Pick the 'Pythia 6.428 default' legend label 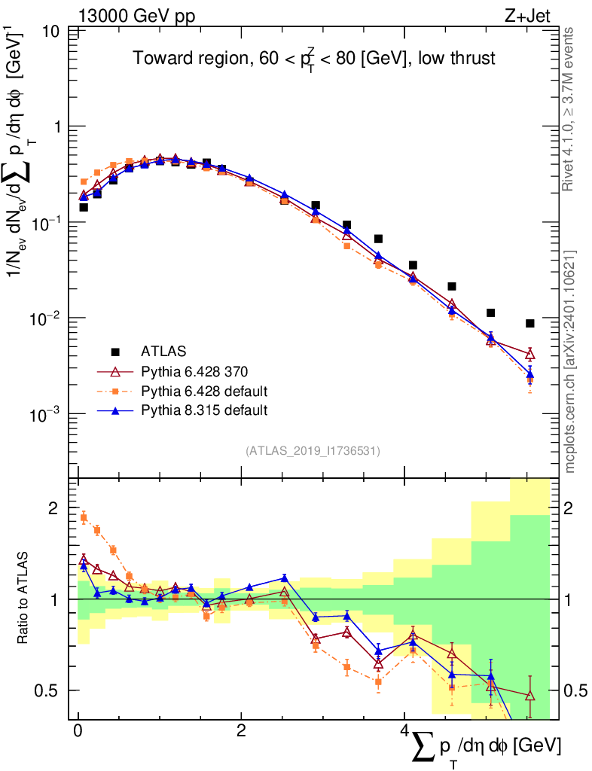click(x=204, y=391)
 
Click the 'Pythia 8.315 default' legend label click(x=204, y=410)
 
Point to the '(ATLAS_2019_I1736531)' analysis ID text click(x=313, y=451)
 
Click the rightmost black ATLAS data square click(x=530, y=323)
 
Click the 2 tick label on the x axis click(x=241, y=731)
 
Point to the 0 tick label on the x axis click(x=78, y=731)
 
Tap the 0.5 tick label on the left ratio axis click(x=49, y=690)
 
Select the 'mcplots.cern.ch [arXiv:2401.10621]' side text click(x=570, y=361)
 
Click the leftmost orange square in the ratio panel click(x=84, y=517)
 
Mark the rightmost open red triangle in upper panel click(x=530, y=353)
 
